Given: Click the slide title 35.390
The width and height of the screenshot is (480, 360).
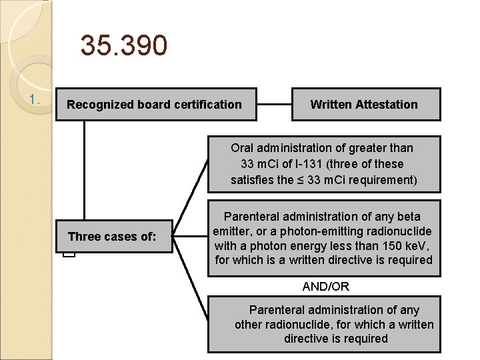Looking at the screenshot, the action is click(123, 46).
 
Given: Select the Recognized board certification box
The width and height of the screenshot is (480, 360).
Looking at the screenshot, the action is click(155, 105).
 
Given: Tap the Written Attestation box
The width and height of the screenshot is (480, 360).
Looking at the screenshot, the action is click(365, 105).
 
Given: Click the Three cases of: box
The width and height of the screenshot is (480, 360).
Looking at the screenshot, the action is click(113, 237).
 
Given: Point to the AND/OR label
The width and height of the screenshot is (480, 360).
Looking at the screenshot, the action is click(326, 287).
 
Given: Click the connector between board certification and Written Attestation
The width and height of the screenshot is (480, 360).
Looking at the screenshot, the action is click(274, 105).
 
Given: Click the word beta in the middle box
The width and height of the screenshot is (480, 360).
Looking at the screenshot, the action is click(407, 217).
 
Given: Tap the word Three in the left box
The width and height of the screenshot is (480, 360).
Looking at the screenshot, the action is click(83, 237).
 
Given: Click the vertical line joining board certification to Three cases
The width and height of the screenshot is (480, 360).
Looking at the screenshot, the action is click(85, 170).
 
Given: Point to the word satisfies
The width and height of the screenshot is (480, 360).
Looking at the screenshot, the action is click(252, 180).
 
